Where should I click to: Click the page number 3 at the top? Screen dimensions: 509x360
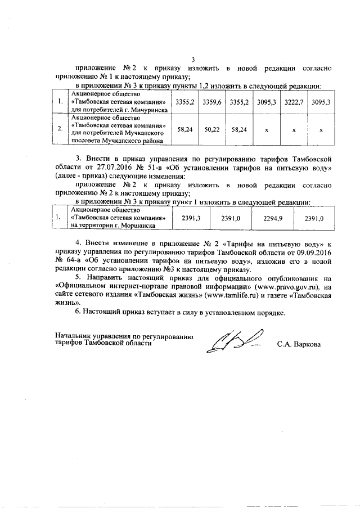click(x=192, y=60)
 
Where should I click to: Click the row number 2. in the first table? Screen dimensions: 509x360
click(x=60, y=129)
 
